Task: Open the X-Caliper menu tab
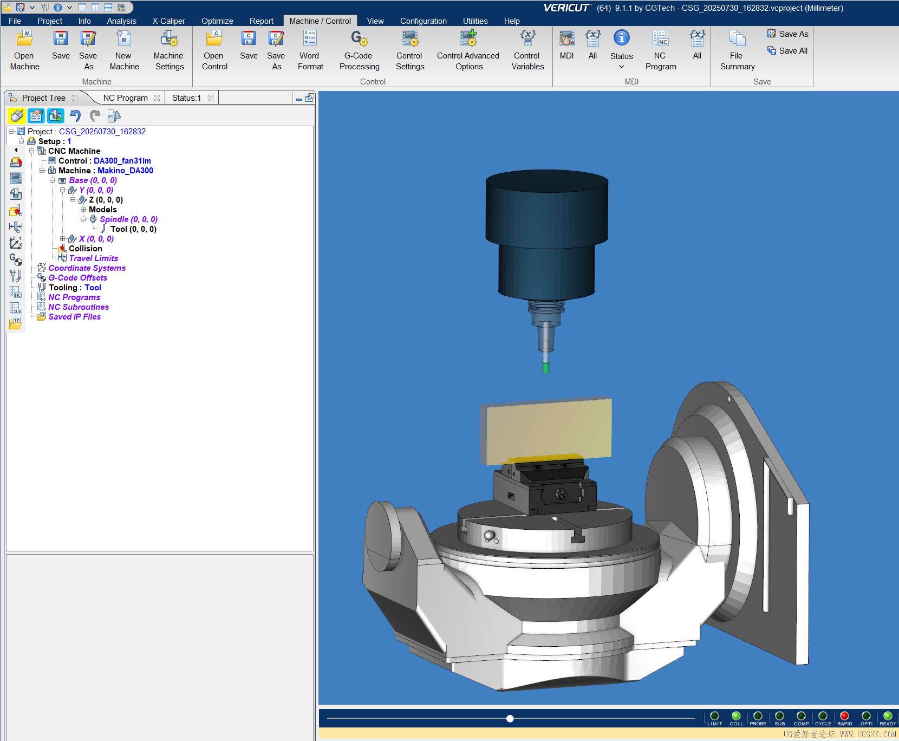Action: click(x=168, y=21)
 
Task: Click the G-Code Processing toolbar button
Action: click(x=359, y=50)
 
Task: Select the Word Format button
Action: click(x=310, y=50)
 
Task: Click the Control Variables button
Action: click(x=527, y=50)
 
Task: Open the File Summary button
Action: click(x=737, y=50)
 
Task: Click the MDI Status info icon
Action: click(x=621, y=38)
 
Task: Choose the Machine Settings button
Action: click(x=169, y=50)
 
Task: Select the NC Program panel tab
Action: click(x=125, y=98)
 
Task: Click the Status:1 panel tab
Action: click(x=186, y=98)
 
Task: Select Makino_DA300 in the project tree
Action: click(x=125, y=171)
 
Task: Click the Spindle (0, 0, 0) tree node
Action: click(x=128, y=219)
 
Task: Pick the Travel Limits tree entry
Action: click(x=93, y=258)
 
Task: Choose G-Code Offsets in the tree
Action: click(x=77, y=278)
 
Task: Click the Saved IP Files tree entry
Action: click(x=74, y=317)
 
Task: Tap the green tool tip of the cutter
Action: click(x=546, y=368)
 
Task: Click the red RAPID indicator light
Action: click(x=844, y=716)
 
